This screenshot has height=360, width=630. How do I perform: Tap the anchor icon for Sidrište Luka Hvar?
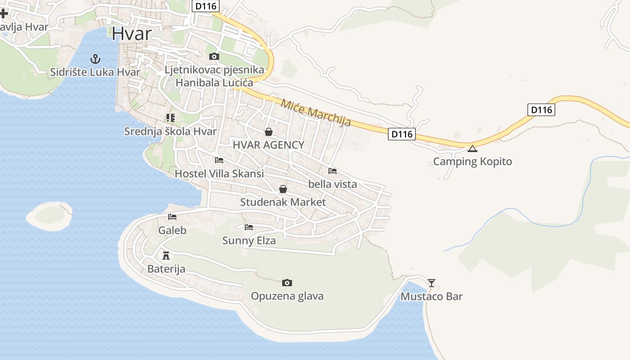click(95, 58)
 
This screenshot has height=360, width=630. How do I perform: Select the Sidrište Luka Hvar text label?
click(95, 72)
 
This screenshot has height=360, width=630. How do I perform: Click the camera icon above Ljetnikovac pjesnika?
click(214, 56)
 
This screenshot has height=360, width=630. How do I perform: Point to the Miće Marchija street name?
click(315, 112)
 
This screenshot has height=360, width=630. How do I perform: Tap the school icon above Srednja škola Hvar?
click(170, 118)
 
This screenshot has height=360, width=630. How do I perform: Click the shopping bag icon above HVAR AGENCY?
click(269, 131)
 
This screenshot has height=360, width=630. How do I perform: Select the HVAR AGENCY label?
click(268, 145)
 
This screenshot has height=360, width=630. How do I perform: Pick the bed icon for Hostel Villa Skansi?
click(219, 160)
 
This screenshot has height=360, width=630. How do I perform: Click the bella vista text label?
click(333, 184)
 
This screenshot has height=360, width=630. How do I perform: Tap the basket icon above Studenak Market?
click(283, 189)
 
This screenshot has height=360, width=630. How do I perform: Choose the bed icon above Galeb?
click(172, 217)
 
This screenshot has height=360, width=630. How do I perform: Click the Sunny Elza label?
click(249, 241)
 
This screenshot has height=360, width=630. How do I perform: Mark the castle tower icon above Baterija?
click(166, 256)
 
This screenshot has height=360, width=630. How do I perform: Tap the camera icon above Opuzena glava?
click(287, 283)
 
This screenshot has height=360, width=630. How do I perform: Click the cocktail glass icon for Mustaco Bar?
click(432, 283)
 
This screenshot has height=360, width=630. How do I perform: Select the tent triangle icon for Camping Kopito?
click(472, 148)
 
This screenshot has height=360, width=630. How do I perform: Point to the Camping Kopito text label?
click(472, 162)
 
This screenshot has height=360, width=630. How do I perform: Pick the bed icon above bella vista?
click(333, 171)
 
